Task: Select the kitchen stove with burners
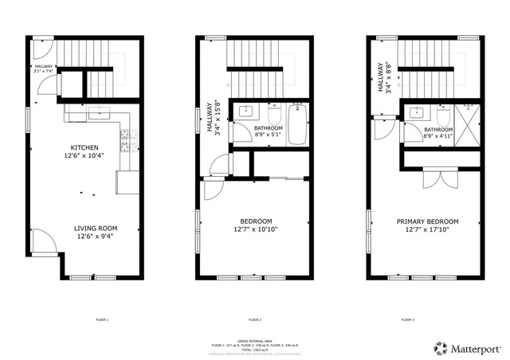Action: pyautogui.click(x=124, y=143)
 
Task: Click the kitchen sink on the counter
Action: pyautogui.click(x=99, y=113)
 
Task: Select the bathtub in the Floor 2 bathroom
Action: pyautogui.click(x=297, y=123)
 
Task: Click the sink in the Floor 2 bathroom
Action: pyautogui.click(x=246, y=112)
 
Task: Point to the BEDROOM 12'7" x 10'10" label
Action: pyautogui.click(x=256, y=225)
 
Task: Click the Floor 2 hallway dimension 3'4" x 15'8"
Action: pyautogui.click(x=214, y=116)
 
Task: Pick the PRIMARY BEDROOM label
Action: pyautogui.click(x=427, y=225)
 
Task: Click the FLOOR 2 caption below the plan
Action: pyautogui.click(x=255, y=319)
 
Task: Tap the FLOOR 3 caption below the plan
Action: pyautogui.click(x=407, y=319)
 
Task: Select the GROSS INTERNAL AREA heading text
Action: pyautogui.click(x=255, y=339)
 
